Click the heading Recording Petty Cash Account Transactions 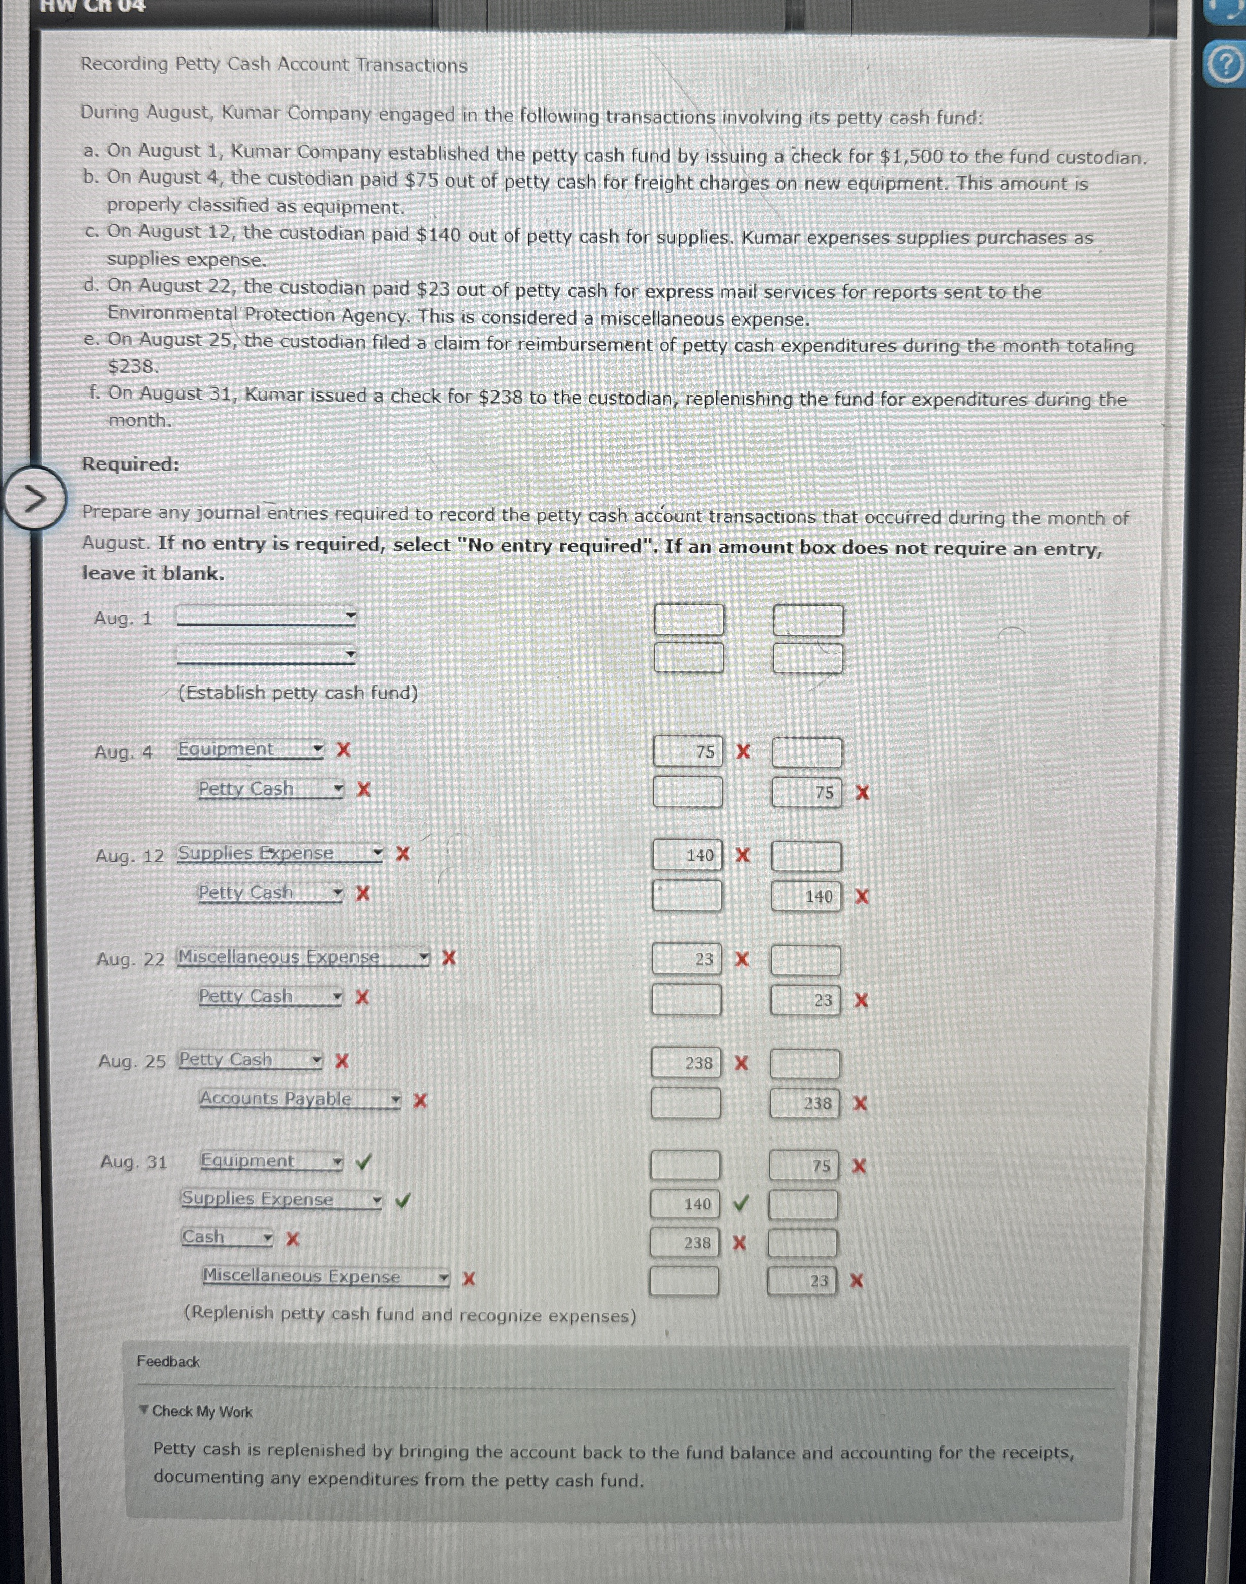click(x=273, y=64)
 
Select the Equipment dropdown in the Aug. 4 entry click(x=250, y=749)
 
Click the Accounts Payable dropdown click(x=300, y=1099)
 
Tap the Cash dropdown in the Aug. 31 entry click(x=227, y=1238)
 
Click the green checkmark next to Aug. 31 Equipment click(x=363, y=1162)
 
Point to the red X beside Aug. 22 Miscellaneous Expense click(x=449, y=957)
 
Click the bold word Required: click(x=130, y=464)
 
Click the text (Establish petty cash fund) click(x=298, y=692)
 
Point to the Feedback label click(x=168, y=1361)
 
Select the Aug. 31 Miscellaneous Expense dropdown click(x=326, y=1276)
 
